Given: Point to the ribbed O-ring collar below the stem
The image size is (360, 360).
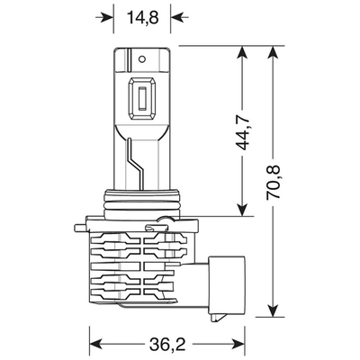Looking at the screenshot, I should coord(141,205).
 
